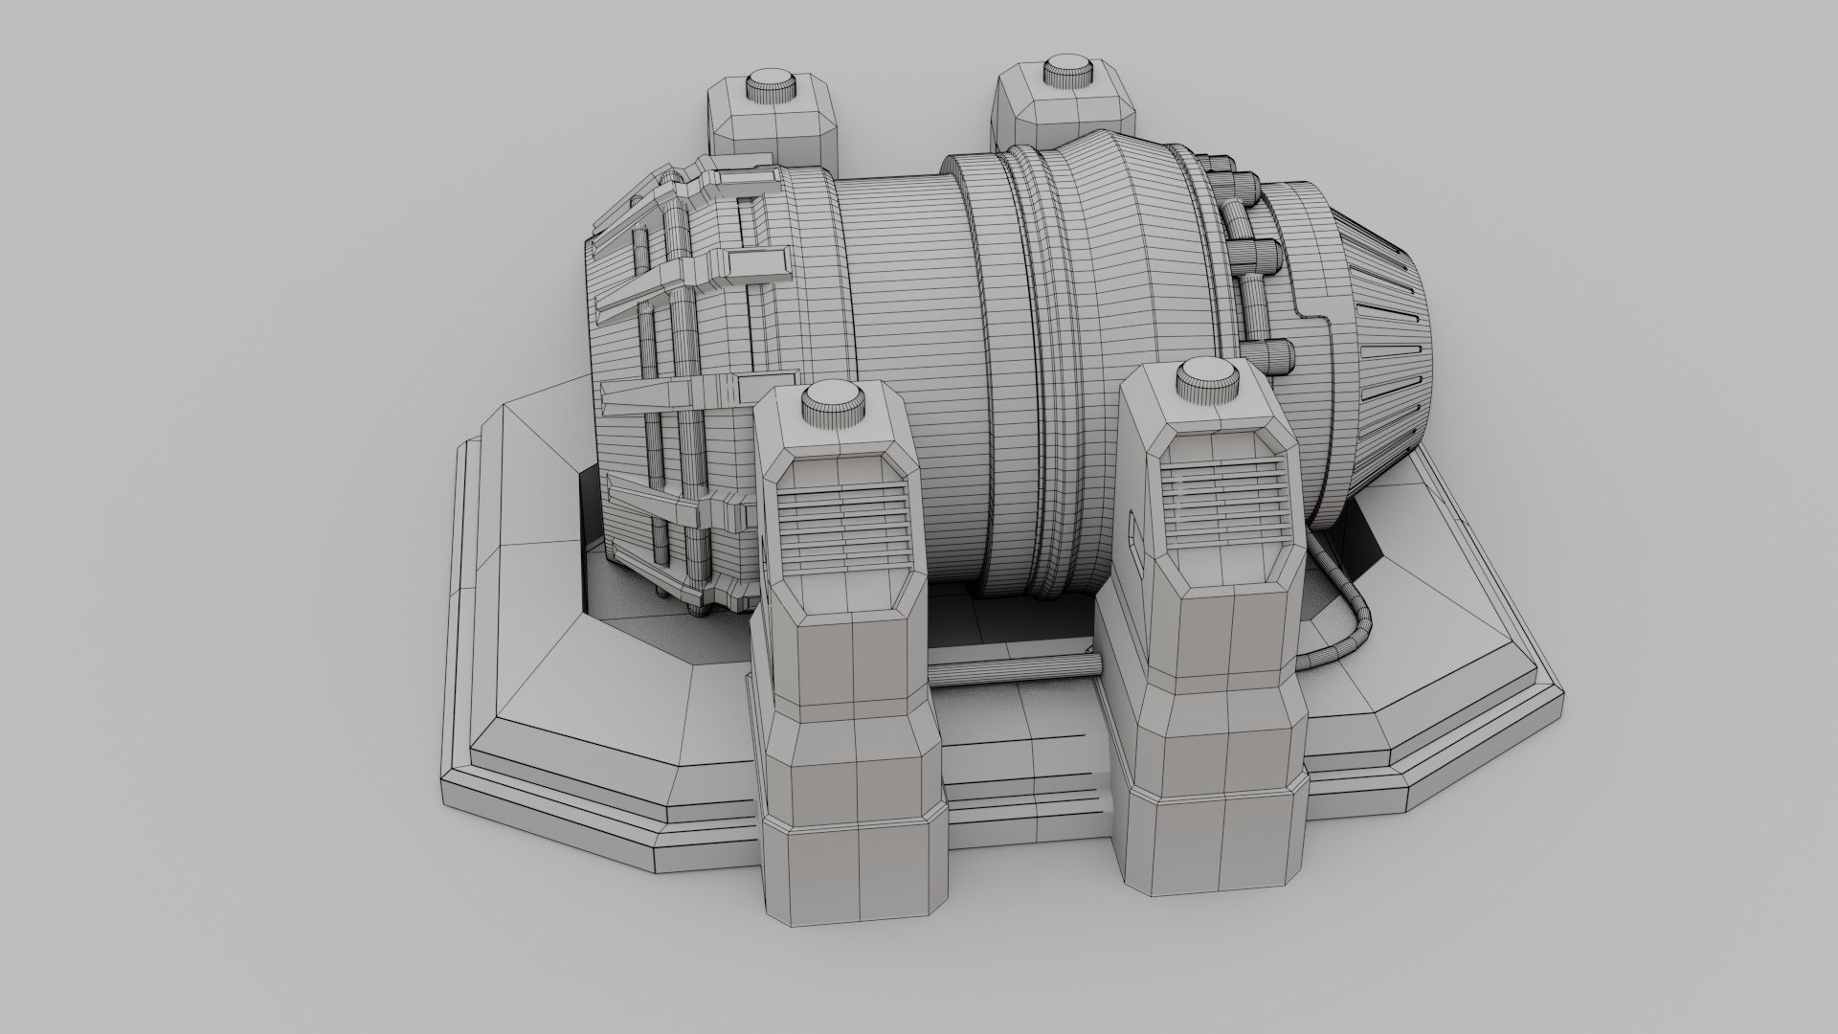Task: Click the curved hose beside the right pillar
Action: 1345,613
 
